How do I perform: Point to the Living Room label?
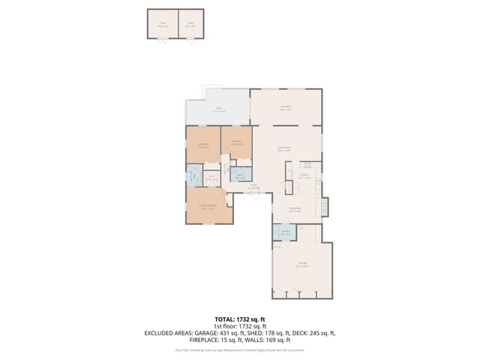(x=284, y=148)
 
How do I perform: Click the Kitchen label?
(x=304, y=175)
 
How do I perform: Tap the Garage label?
(x=302, y=264)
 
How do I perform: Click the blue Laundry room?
(x=285, y=232)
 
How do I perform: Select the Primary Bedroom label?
(x=208, y=206)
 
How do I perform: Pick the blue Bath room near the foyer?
(x=239, y=176)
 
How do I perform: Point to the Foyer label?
(x=253, y=186)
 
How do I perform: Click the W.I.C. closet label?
(x=212, y=178)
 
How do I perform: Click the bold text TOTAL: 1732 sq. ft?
(x=239, y=319)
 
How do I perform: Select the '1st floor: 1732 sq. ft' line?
(x=239, y=326)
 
